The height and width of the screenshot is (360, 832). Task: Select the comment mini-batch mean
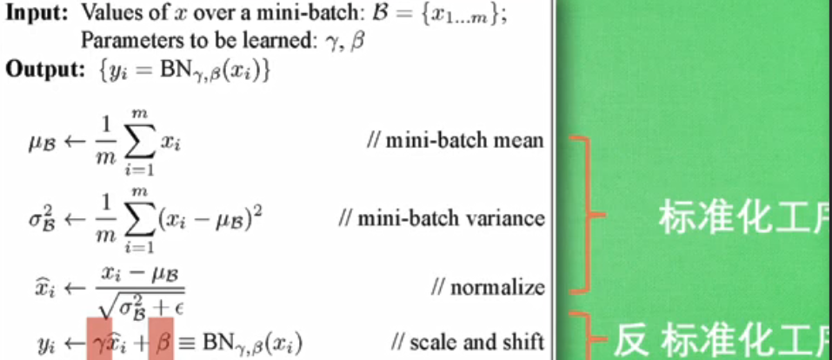[x=462, y=140]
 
